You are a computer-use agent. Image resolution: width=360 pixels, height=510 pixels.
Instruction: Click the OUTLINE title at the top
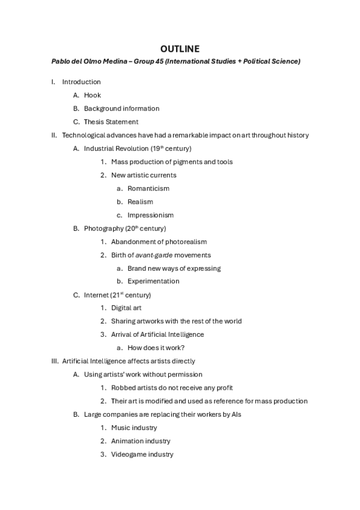pos(180,48)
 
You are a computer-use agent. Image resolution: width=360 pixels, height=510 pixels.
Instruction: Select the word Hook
pos(92,95)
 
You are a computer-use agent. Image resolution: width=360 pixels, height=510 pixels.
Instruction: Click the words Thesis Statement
pos(111,121)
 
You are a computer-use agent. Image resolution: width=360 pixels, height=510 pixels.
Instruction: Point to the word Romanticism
pos(148,188)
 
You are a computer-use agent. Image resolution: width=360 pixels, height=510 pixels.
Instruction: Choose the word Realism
pos(140,201)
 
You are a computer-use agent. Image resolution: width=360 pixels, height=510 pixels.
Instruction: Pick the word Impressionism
pos(150,215)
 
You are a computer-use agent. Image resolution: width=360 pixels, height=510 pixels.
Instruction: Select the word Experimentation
pos(153,281)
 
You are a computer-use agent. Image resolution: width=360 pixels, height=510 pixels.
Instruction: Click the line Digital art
pos(126,308)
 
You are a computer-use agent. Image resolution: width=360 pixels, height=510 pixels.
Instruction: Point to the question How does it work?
pos(156,348)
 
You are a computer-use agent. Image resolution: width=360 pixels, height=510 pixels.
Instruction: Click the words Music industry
pos(134,428)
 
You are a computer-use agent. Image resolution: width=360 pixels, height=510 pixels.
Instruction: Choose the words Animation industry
pos(141,441)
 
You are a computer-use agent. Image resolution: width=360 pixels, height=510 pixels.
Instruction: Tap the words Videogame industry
pos(142,454)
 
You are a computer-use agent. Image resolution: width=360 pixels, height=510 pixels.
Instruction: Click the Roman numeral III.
pos(54,361)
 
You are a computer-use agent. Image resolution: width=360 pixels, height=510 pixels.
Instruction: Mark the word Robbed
pos(123,388)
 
